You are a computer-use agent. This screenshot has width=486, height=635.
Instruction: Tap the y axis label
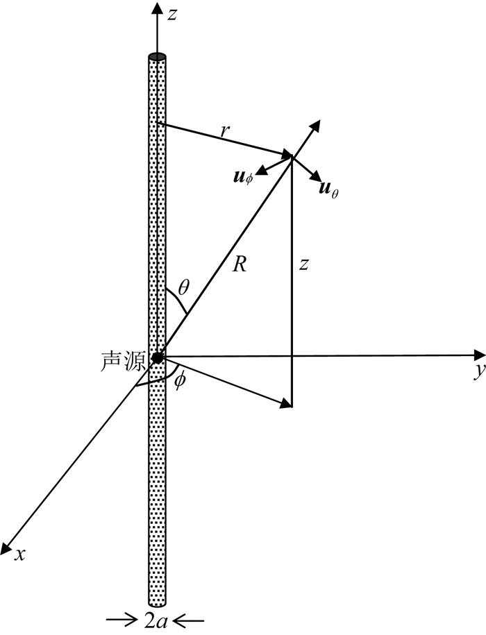(478, 372)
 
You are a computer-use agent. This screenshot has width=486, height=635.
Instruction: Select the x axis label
(22, 554)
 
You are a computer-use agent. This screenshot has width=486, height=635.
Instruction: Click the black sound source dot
(158, 357)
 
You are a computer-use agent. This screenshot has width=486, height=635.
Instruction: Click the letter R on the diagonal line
(240, 264)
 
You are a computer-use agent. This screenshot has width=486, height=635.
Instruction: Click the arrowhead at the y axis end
(478, 356)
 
